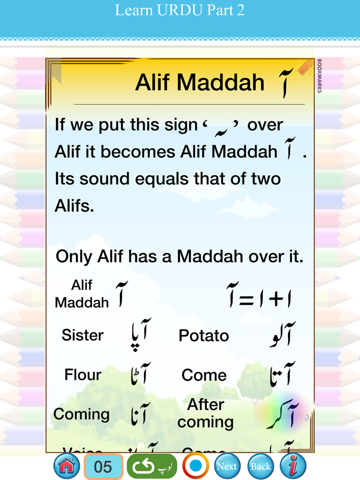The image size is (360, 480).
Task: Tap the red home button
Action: (67, 466)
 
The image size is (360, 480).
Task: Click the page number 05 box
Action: (103, 467)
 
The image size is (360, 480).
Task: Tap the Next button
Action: (227, 466)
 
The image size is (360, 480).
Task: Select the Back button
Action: (261, 466)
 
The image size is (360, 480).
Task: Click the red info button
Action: (293, 466)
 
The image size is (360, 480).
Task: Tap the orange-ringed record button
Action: (195, 466)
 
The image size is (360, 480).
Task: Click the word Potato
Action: (204, 336)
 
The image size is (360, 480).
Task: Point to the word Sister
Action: (82, 335)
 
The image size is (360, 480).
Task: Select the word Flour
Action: (83, 375)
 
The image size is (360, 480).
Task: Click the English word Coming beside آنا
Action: (81, 414)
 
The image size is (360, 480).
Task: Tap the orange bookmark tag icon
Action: (305, 68)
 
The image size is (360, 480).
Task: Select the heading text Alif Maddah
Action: (200, 82)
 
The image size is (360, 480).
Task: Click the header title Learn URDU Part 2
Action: (180, 10)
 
